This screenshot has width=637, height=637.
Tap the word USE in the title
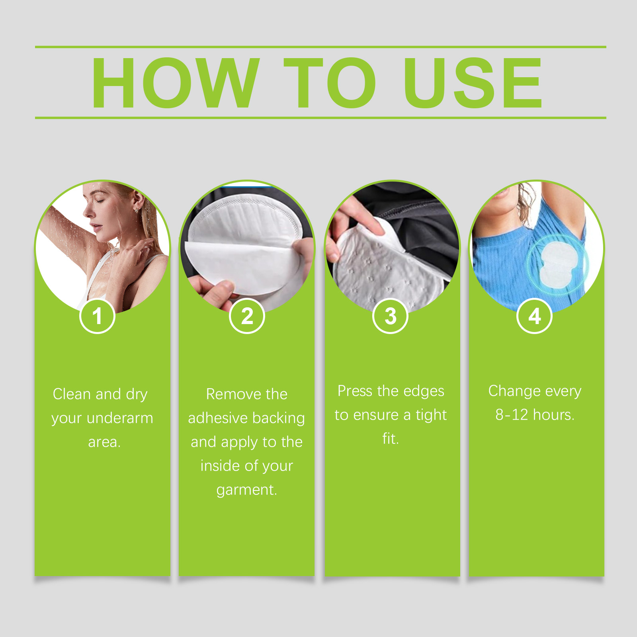(473, 82)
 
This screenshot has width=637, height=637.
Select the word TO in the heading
(330, 82)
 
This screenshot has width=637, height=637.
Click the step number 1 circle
(98, 316)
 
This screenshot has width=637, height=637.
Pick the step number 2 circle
(247, 316)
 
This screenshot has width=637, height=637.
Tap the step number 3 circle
(391, 316)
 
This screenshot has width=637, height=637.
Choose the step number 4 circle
(534, 316)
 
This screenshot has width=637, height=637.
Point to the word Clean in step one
(72, 394)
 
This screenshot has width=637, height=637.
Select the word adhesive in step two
(218, 418)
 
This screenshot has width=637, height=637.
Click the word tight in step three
(431, 415)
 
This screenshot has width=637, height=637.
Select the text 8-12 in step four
(512, 415)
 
